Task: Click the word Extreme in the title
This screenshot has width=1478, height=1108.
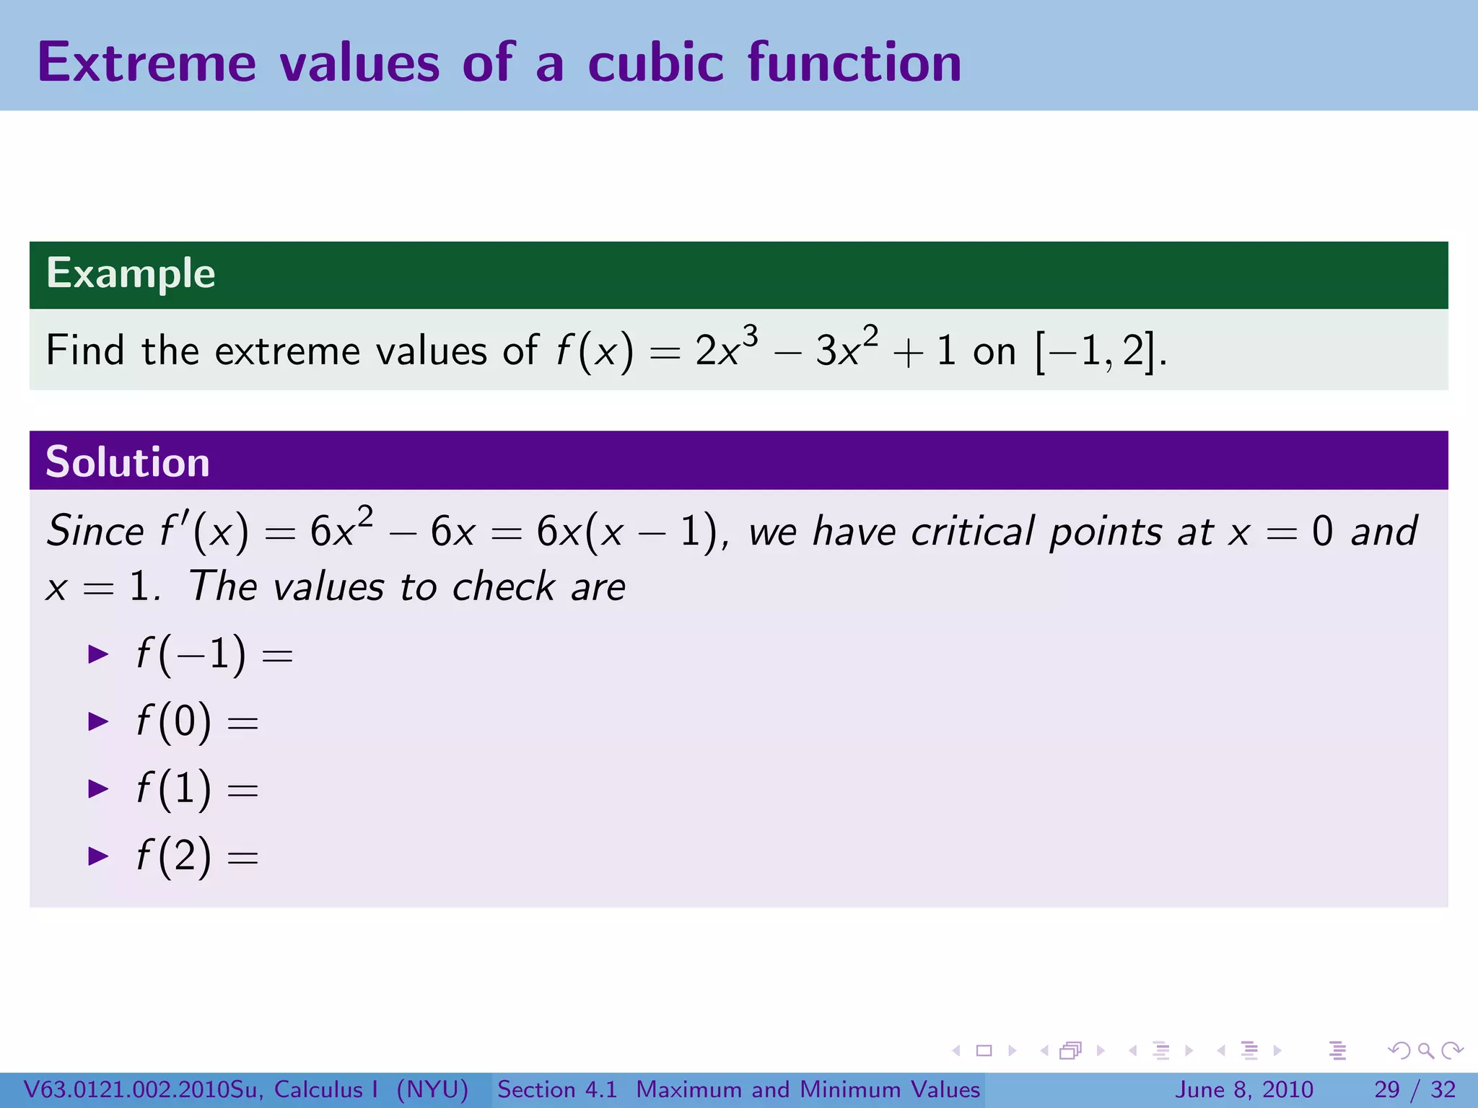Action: pyautogui.click(x=147, y=63)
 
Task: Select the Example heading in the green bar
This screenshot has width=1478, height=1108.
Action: pyautogui.click(x=131, y=273)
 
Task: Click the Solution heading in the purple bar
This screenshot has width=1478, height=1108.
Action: pyautogui.click(x=128, y=462)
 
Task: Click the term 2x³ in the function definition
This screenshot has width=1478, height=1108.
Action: pyautogui.click(x=725, y=350)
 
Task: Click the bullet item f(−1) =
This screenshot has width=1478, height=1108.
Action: pyautogui.click(x=214, y=655)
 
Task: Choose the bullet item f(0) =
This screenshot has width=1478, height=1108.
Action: pyautogui.click(x=196, y=721)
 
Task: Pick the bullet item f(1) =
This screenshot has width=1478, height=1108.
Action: pyautogui.click(x=196, y=788)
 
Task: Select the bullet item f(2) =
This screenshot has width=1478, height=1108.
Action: pyautogui.click(x=196, y=856)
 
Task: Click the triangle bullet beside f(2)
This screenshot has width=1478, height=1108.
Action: pyautogui.click(x=97, y=856)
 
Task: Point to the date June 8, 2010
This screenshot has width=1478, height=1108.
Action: pyautogui.click(x=1244, y=1089)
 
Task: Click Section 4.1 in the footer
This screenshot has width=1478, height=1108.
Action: pyautogui.click(x=557, y=1089)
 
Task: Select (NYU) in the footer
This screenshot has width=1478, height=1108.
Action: pyautogui.click(x=432, y=1089)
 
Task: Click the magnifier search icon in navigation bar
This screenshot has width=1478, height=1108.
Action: pyautogui.click(x=1425, y=1050)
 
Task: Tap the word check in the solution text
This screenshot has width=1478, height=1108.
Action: pyautogui.click(x=502, y=586)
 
